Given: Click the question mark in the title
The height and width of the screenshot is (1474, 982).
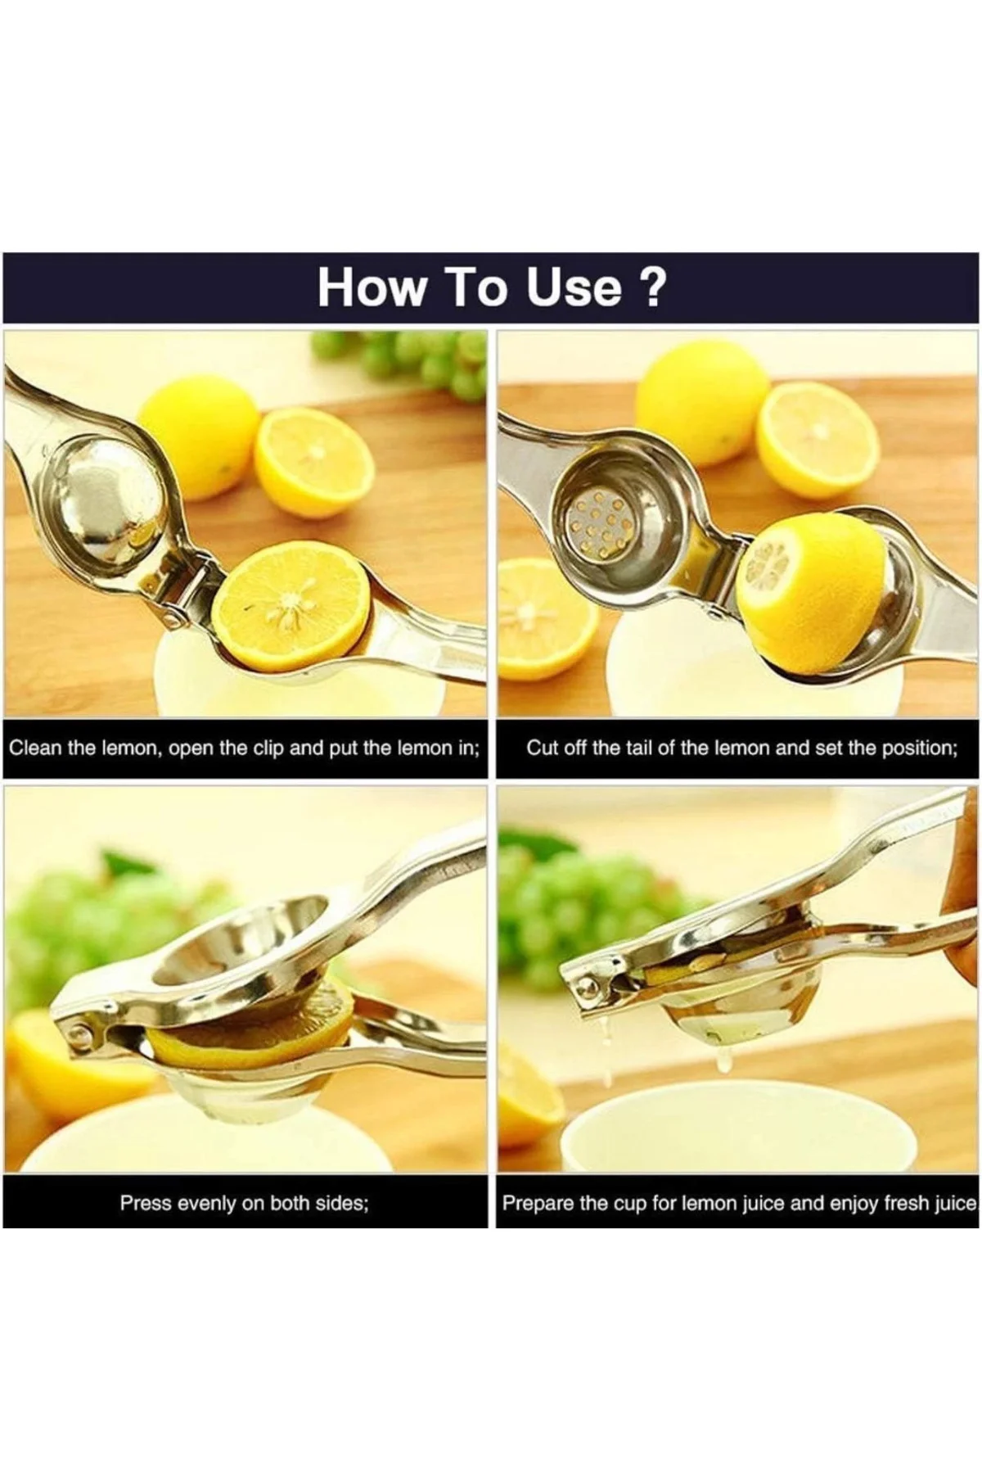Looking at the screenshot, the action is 652,287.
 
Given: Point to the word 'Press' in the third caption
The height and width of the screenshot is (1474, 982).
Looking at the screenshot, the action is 146,1203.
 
